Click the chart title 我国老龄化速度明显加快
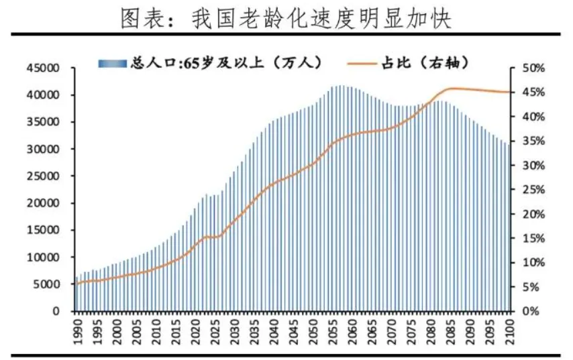(286, 18)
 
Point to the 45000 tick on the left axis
(43, 68)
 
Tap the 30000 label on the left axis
(43, 149)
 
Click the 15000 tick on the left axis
(43, 231)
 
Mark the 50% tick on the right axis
(527, 68)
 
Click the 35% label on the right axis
(527, 141)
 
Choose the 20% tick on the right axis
(527, 215)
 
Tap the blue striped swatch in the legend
(112, 64)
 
